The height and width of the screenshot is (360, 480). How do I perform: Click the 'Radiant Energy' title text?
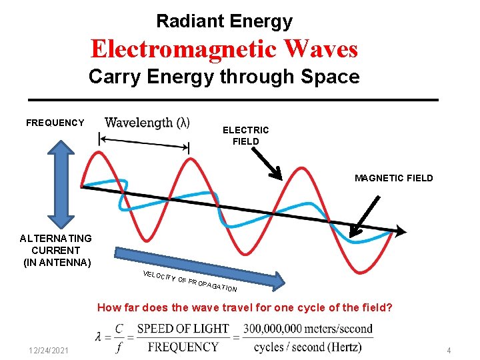click(224, 21)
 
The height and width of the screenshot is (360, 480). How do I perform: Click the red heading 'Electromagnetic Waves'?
click(224, 49)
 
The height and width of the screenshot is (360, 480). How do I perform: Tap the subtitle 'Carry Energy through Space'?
click(224, 77)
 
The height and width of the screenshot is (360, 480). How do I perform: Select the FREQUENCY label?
click(55, 123)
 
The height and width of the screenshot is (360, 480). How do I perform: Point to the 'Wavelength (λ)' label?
click(147, 123)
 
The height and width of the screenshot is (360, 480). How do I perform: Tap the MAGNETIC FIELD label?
click(393, 178)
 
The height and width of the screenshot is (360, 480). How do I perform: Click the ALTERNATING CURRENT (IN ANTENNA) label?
click(56, 250)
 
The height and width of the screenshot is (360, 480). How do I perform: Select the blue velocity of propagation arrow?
click(200, 269)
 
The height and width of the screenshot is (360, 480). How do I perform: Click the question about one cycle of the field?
click(245, 308)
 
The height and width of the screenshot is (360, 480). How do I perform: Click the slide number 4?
click(449, 351)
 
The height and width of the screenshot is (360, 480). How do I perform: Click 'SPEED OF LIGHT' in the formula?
click(183, 329)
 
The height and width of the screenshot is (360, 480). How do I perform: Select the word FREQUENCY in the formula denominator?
click(183, 347)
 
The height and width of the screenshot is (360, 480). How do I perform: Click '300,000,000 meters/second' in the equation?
click(307, 329)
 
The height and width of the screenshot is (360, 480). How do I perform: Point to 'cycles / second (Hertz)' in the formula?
click(308, 347)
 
